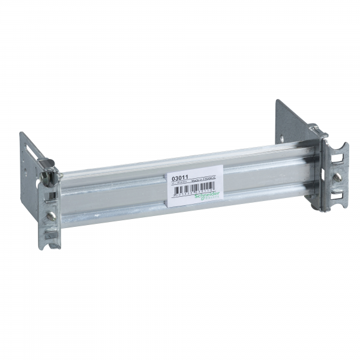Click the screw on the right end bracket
point(338,177)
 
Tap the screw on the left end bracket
point(52,215)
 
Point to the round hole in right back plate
point(281,139)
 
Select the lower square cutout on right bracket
point(338,194)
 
